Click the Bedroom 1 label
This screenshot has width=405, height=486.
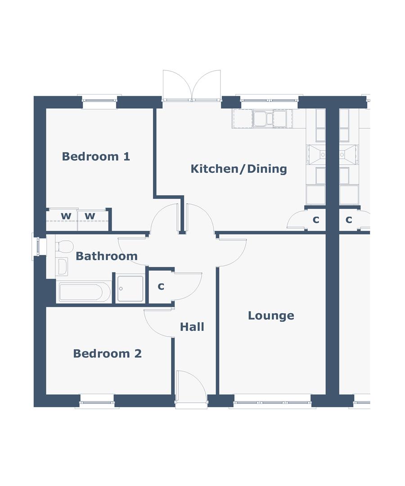[x=96, y=157]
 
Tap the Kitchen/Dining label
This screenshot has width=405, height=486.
[x=238, y=169]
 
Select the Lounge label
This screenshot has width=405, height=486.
[x=271, y=316]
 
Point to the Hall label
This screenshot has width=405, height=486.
[x=192, y=327]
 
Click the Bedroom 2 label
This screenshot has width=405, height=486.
[x=107, y=354]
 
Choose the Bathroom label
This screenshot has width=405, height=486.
[x=106, y=256]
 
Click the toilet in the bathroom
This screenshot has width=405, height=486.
[x=65, y=246]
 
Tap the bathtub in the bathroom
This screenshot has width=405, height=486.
[x=84, y=292]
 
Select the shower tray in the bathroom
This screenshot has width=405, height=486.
[x=130, y=289]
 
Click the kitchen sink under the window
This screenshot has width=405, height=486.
[x=269, y=119]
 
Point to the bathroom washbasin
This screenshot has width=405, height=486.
[x=62, y=266]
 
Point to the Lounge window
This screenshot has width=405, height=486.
[x=272, y=402]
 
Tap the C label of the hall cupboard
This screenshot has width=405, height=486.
[x=161, y=287]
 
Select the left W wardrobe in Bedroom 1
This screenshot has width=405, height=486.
[x=66, y=216]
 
